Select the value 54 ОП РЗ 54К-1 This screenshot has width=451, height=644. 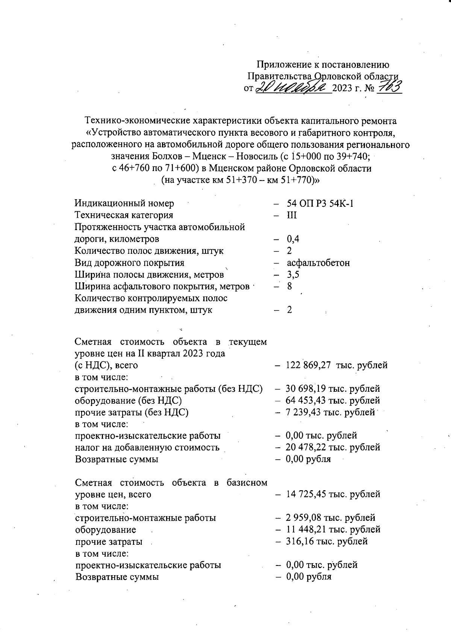pos(320,203)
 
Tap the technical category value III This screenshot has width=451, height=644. pos(292,215)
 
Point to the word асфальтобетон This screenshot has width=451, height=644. pos(318,263)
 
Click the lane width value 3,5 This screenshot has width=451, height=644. pos(293,275)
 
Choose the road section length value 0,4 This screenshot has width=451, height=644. pos(293,239)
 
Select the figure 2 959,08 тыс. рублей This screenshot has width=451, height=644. pos(330,518)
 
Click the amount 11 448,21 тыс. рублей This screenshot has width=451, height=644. pos(333,529)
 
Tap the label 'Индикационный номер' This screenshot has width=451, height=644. pos(124,203)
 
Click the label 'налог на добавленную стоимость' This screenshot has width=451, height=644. pos(147,447)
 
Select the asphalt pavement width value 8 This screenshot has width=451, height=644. pos(289,286)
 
